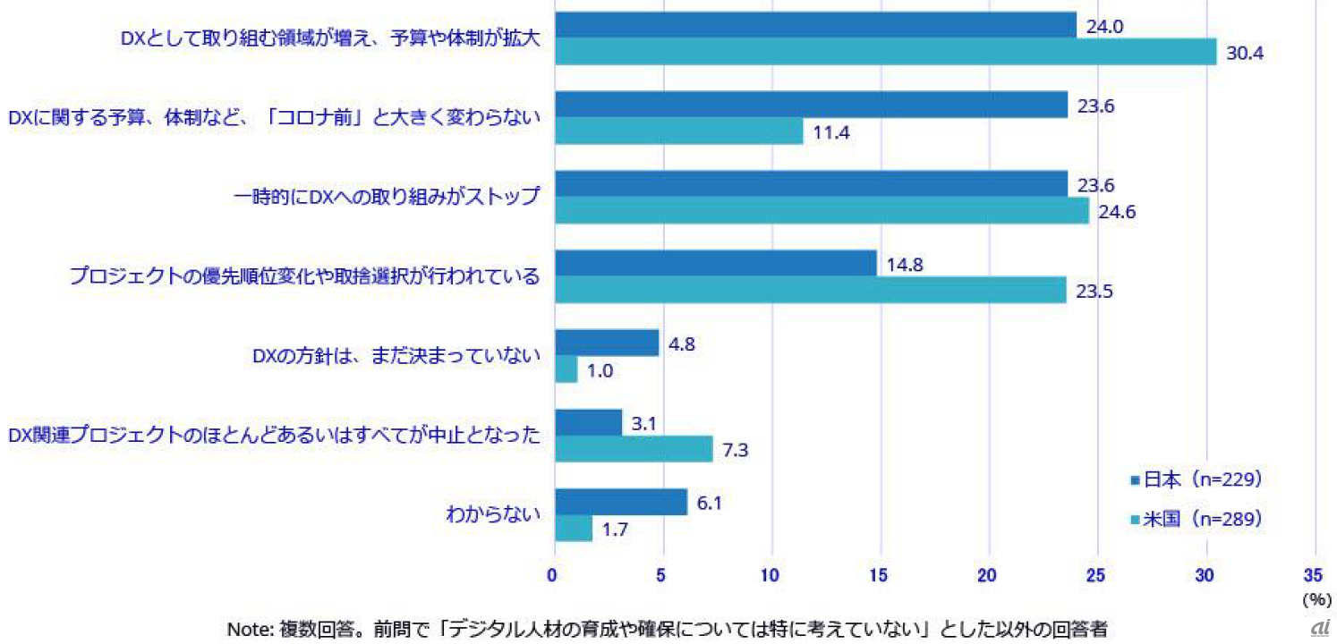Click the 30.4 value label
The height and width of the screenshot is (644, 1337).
click(1244, 53)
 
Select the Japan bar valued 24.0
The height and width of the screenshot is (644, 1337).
click(815, 25)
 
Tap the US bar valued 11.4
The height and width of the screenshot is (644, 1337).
click(678, 131)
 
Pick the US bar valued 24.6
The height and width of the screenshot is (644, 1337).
click(822, 210)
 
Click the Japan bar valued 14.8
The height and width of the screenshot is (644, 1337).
click(715, 263)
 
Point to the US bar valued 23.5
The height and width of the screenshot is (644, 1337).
click(810, 290)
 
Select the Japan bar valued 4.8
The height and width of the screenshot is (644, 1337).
click(607, 343)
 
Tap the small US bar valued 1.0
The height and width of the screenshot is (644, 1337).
click(566, 369)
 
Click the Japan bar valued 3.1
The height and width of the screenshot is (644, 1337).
click(588, 422)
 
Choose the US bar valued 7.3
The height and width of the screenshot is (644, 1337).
click(634, 448)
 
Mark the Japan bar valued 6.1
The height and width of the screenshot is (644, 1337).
click(621, 502)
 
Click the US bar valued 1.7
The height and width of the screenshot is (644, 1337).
click(573, 528)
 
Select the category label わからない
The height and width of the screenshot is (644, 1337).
click(493, 514)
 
